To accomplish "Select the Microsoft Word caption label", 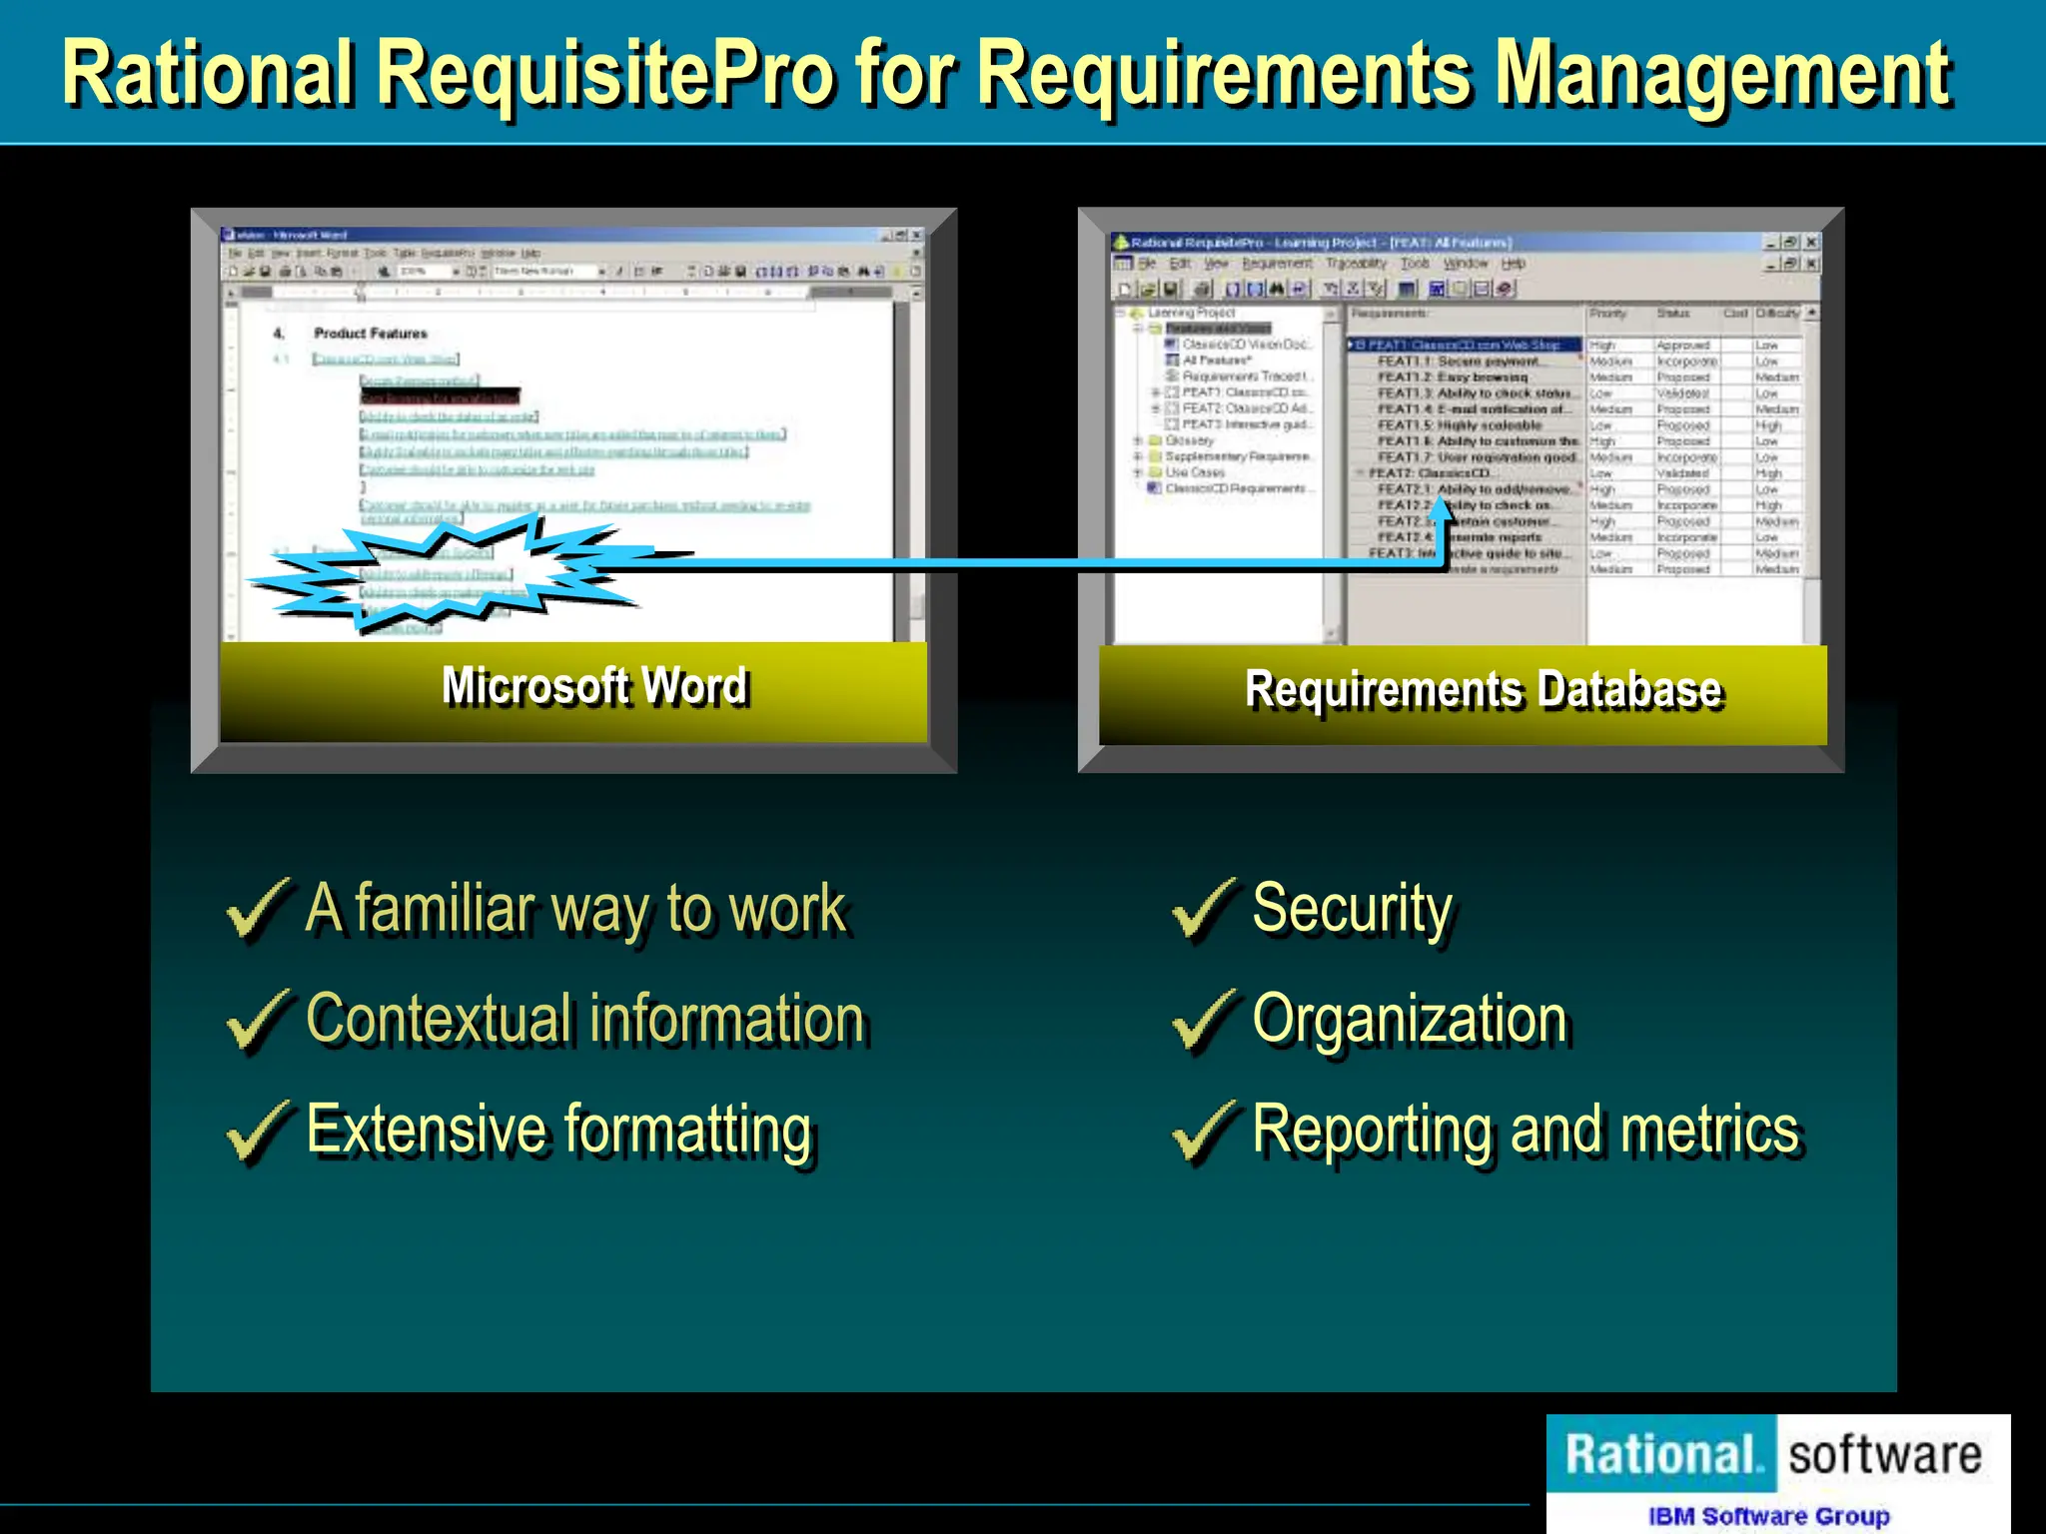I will [594, 687].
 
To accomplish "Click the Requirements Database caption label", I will [1484, 690].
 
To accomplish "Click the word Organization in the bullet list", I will [1410, 1020].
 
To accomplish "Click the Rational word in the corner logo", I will [1660, 1454].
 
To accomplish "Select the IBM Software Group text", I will [1768, 1516].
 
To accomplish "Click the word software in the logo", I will [1884, 1455].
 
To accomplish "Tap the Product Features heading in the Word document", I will [370, 334].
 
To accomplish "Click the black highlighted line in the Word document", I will [440, 397].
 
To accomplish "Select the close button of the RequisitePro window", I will [1811, 243].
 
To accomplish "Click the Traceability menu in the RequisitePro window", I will [1356, 264].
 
